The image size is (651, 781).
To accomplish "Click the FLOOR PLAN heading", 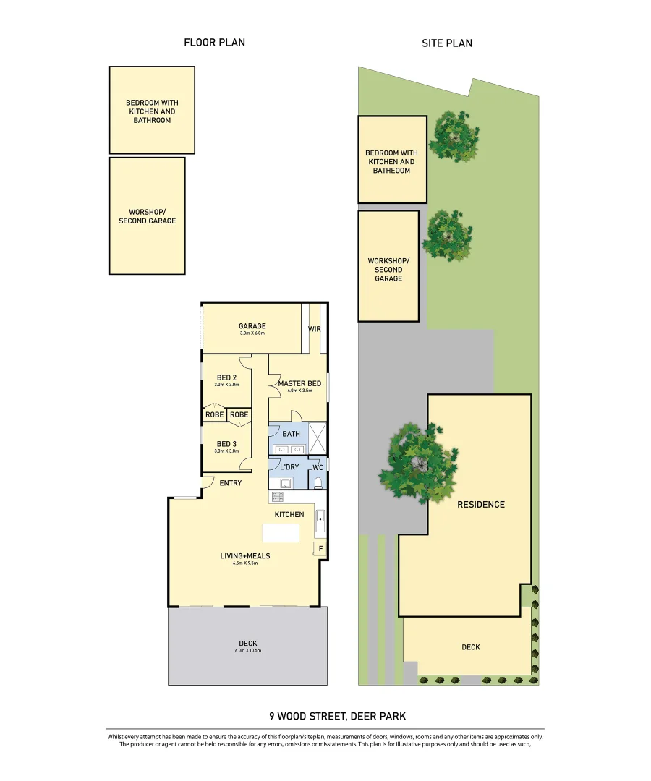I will (x=214, y=43).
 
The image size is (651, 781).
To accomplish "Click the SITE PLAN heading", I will (x=447, y=43).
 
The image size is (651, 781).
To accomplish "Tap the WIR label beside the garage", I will (x=314, y=329).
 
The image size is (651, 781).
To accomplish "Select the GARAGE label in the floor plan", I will (x=252, y=326).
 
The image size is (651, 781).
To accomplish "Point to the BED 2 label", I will (x=226, y=377).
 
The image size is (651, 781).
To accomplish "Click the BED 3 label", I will (x=226, y=444).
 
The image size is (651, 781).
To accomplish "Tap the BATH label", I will (x=291, y=434).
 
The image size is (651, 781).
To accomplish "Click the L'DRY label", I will (x=289, y=467).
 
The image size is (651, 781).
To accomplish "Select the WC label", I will (x=318, y=467).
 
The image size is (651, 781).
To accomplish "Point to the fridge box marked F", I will (x=321, y=548).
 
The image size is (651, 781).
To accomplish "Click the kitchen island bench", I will (x=281, y=533).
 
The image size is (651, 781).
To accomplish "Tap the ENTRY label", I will (x=230, y=483).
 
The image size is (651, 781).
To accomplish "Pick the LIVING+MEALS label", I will (x=245, y=555).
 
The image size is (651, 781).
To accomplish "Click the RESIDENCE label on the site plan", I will (x=480, y=504).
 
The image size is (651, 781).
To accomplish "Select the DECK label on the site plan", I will (x=470, y=647).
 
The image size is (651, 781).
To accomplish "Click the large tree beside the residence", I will (x=419, y=464).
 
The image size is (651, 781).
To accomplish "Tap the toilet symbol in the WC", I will (x=318, y=482).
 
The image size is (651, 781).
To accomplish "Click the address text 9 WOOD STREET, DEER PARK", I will (x=338, y=716).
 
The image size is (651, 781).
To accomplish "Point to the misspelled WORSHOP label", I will (x=147, y=216).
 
